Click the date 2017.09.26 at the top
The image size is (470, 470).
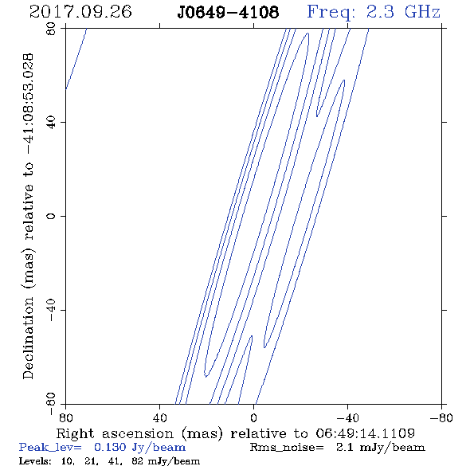(80, 12)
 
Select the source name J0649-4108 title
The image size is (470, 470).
(228, 12)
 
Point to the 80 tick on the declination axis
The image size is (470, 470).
(51, 29)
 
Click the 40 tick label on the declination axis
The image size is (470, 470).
(51, 123)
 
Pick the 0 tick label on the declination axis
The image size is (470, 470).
(51, 216)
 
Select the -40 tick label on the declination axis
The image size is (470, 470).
(51, 310)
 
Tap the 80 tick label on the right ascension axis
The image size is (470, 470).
(65, 417)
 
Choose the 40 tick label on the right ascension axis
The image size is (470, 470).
(159, 417)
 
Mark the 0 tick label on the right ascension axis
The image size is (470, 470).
(253, 417)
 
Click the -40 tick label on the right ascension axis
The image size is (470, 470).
(347, 417)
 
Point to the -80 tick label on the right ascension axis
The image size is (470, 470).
(441, 417)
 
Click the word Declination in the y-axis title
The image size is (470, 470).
(28, 338)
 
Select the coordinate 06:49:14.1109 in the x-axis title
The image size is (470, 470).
(365, 433)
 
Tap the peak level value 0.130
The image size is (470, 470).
(110, 447)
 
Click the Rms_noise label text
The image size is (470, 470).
(287, 448)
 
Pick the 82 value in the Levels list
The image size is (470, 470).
(138, 460)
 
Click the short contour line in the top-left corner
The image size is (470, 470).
(76, 59)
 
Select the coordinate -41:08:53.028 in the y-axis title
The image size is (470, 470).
(28, 104)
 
